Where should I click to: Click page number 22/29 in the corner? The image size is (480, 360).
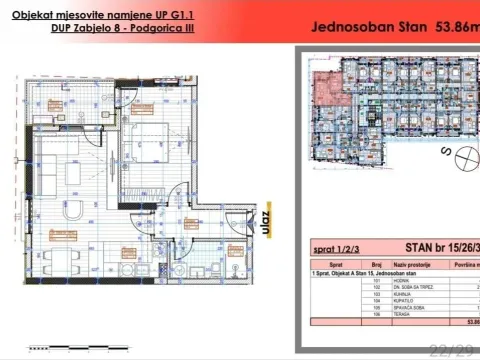point(447,349)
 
